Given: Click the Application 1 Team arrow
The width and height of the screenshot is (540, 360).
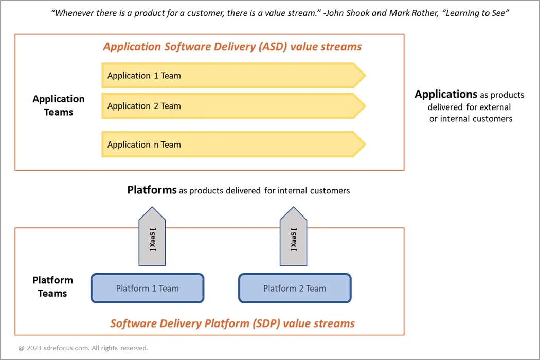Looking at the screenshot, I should point(231,76).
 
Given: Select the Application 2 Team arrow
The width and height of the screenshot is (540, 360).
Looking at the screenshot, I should point(231,106).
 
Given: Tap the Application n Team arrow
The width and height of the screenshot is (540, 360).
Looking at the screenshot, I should point(231,145).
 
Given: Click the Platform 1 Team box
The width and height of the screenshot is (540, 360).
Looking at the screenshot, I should point(148,288).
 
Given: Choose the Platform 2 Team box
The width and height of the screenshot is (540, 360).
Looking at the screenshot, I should point(295,288).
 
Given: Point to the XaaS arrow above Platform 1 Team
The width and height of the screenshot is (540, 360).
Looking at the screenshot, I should point(152,238).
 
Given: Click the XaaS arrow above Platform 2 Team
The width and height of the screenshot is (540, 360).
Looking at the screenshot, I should point(293,238).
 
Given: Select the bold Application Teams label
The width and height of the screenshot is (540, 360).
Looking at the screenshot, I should point(58,105).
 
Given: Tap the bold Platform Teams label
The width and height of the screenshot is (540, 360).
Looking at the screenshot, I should point(52,286).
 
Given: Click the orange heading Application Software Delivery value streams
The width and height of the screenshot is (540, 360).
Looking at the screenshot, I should point(232,47).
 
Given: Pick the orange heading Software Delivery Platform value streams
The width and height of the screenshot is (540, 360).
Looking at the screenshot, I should point(232,323).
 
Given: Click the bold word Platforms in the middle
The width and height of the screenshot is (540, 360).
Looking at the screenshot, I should point(152,190).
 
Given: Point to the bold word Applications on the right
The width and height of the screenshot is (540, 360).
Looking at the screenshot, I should point(446,94).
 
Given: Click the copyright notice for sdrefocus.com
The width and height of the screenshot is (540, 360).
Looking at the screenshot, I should point(83,348).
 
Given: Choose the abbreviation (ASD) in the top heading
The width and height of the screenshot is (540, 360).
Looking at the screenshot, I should point(271,47).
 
